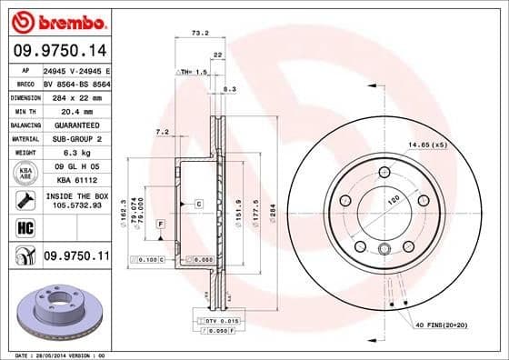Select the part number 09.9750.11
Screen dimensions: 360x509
tap(76, 258)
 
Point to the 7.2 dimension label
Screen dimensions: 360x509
tap(163, 132)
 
